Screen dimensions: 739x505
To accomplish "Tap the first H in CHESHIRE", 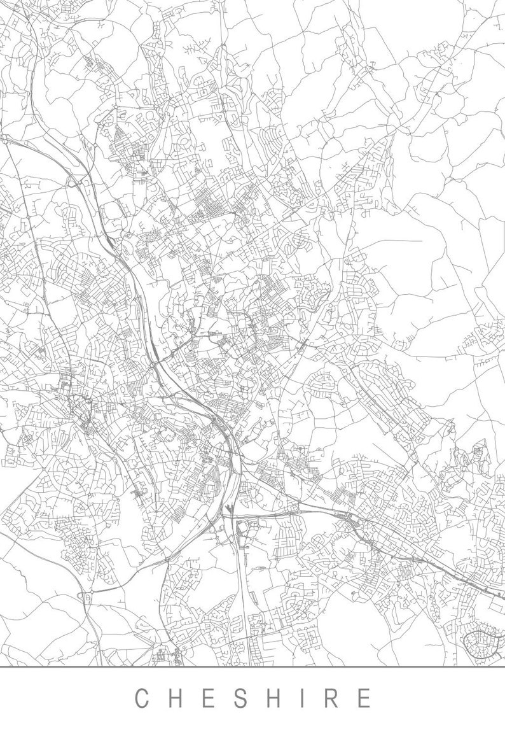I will pyautogui.click(x=176, y=698).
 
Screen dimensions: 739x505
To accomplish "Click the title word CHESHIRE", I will pyautogui.click(x=253, y=698).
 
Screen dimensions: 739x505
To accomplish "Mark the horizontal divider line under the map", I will pyautogui.click(x=253, y=666).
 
